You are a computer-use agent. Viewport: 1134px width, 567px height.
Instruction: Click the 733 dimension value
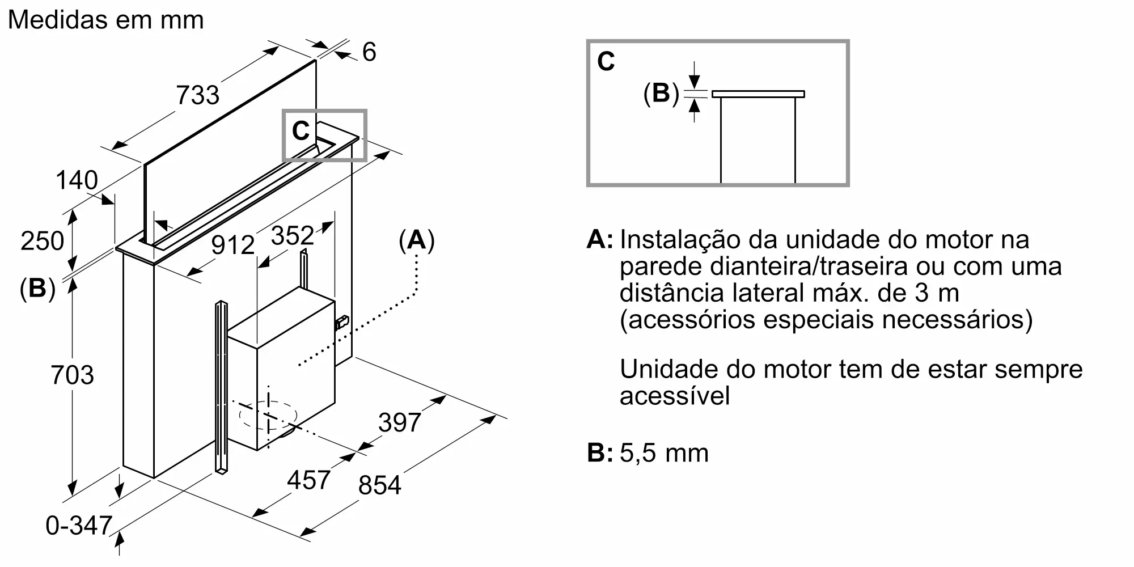[x=197, y=95]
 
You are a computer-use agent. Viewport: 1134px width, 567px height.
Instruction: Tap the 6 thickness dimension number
[x=369, y=52]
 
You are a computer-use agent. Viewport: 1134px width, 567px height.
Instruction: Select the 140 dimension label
[x=77, y=180]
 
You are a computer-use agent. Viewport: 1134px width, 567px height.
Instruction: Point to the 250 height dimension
[x=42, y=241]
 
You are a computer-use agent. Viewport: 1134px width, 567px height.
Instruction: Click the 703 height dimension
[x=72, y=375]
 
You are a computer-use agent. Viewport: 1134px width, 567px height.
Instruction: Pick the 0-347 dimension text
[x=79, y=526]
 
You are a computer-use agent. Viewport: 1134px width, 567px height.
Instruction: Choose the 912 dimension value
[x=233, y=245]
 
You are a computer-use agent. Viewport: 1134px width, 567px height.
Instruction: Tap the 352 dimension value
[x=293, y=235]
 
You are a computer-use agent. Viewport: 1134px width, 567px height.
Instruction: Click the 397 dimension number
[x=400, y=422]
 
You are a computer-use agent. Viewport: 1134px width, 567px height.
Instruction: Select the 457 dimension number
[x=308, y=480]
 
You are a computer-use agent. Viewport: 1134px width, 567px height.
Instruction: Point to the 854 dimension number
[x=380, y=485]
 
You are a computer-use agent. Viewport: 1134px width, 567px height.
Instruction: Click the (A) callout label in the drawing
[x=417, y=240]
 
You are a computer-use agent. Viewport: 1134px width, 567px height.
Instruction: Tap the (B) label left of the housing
[x=37, y=288]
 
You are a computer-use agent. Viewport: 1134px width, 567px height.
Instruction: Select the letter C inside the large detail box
[x=606, y=61]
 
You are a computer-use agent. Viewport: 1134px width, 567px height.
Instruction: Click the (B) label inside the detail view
[x=661, y=93]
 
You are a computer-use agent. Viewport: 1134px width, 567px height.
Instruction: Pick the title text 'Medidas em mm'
[x=106, y=20]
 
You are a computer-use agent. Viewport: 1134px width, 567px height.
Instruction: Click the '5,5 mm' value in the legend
[x=664, y=453]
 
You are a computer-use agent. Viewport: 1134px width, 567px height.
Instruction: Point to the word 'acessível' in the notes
[x=675, y=396]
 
